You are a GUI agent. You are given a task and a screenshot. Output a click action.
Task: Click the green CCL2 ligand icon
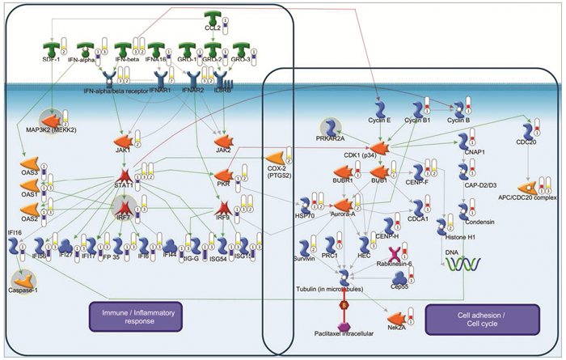213,19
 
